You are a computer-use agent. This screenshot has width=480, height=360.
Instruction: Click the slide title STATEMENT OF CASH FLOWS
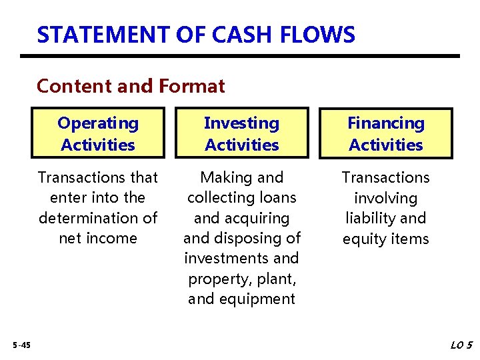coord(196,34)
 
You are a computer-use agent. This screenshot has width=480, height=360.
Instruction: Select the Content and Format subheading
coord(131,86)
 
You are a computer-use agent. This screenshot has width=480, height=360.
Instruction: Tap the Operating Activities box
coord(98,133)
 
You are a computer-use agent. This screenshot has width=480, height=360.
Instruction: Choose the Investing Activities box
coord(241,133)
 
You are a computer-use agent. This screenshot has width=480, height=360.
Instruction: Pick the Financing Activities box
coord(385,133)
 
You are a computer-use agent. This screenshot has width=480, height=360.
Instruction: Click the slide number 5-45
coord(21,345)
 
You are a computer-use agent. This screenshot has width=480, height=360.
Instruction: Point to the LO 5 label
coord(461,345)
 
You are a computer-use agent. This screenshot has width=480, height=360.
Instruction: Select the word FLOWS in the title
coord(323,34)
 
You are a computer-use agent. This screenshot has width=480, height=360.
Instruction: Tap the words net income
coord(98,238)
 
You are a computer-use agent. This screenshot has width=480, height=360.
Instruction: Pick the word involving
coord(385,198)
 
